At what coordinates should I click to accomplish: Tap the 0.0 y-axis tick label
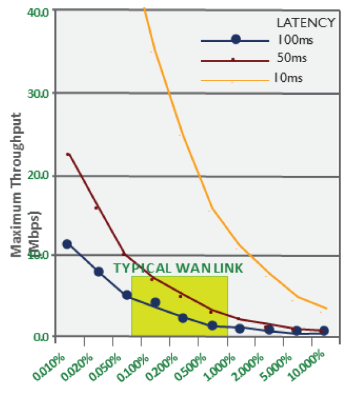(43, 337)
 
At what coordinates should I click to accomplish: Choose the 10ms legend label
(290, 77)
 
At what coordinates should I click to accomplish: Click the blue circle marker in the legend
(236, 40)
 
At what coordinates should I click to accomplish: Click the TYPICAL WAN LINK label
(178, 268)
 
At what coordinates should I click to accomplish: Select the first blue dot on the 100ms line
(67, 244)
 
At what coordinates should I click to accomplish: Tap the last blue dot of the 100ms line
(324, 330)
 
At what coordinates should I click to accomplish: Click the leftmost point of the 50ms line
(68, 154)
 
